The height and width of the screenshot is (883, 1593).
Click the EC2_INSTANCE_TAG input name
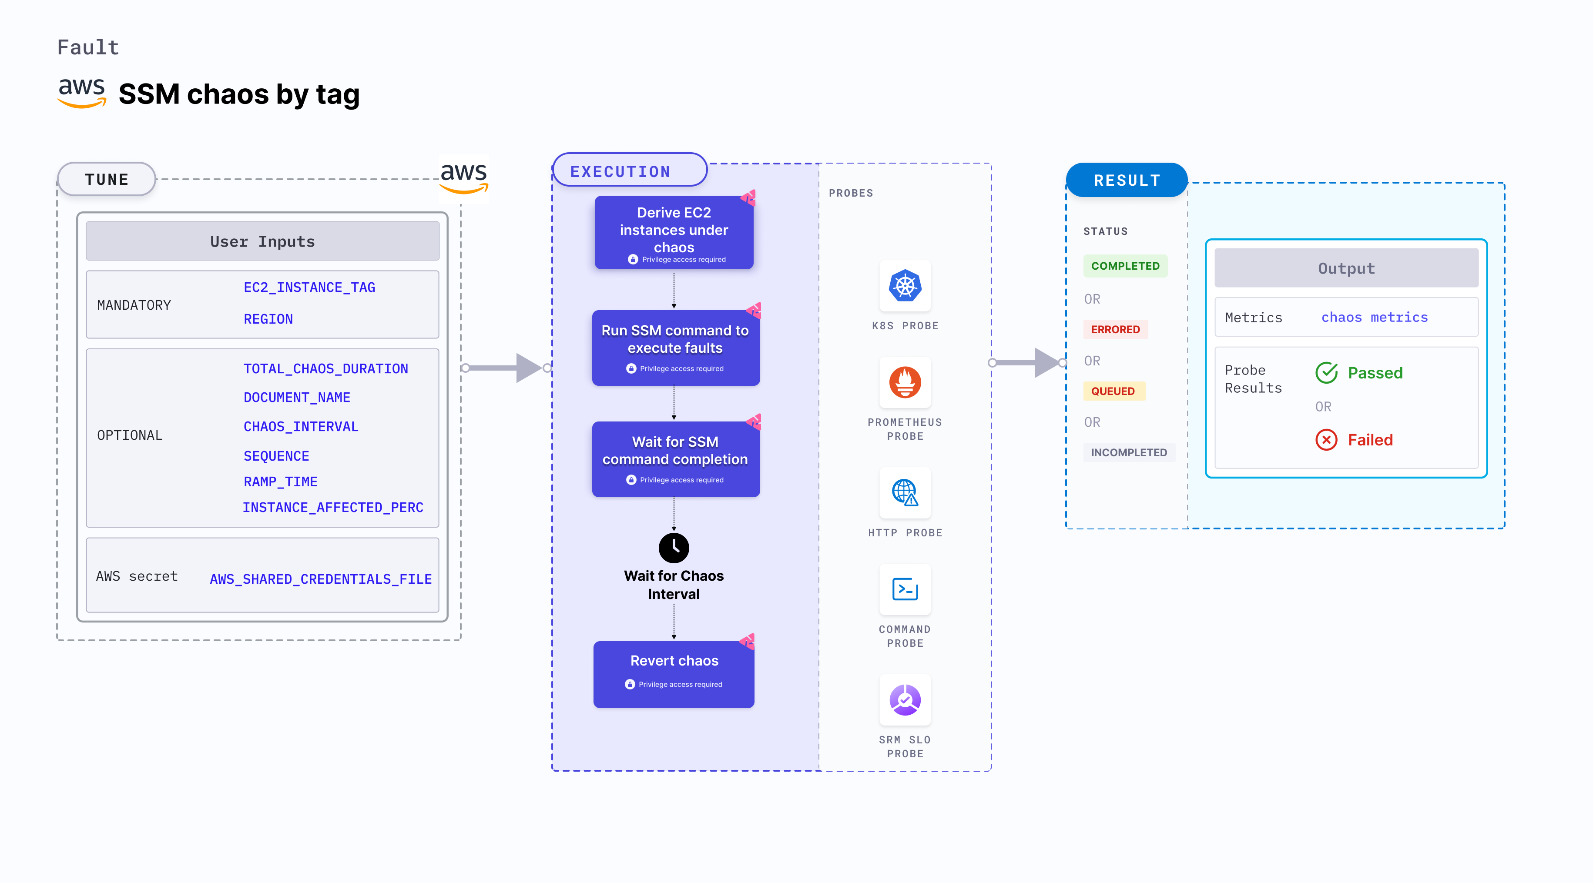pyautogui.click(x=309, y=288)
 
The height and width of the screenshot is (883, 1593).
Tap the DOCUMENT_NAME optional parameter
pyautogui.click(x=297, y=398)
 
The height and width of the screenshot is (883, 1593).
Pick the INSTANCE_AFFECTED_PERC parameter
pyautogui.click(x=333, y=508)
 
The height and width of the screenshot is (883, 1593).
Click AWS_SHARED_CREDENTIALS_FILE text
pyautogui.click(x=320, y=579)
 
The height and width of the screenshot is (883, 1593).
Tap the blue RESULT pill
pyautogui.click(x=1126, y=181)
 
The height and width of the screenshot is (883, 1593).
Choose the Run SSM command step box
pyautogui.click(x=675, y=348)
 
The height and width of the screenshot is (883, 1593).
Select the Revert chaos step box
pyautogui.click(x=674, y=674)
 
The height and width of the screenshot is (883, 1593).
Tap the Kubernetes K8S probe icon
pyautogui.click(x=905, y=286)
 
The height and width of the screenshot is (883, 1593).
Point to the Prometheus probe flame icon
pyautogui.click(x=905, y=383)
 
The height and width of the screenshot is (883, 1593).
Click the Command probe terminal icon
pyautogui.click(x=905, y=589)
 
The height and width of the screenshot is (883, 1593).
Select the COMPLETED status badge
pyautogui.click(x=1125, y=266)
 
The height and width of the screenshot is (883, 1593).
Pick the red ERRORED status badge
pyautogui.click(x=1115, y=330)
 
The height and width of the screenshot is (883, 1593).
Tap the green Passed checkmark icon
pyautogui.click(x=1326, y=373)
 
